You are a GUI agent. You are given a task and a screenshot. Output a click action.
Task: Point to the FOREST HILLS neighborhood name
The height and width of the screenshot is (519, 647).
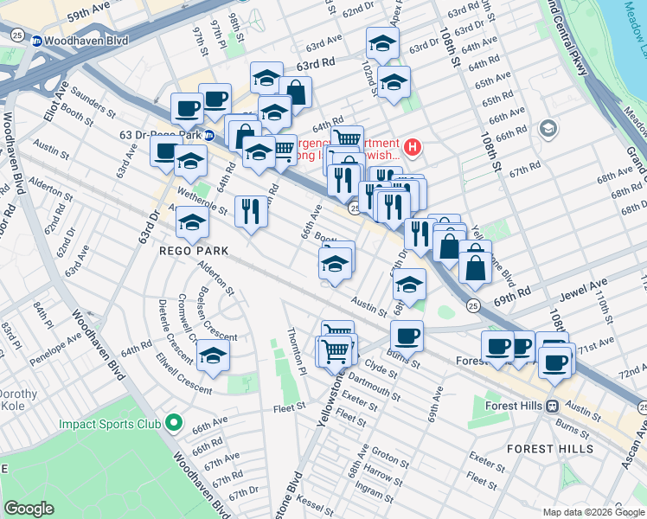click(x=549, y=449)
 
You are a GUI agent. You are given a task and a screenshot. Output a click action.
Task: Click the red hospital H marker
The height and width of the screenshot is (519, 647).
click(x=413, y=148)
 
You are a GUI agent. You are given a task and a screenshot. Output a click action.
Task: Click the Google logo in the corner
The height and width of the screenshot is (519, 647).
click(x=29, y=509)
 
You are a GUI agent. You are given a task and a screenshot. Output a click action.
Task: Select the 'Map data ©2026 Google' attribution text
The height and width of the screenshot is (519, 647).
click(x=593, y=512)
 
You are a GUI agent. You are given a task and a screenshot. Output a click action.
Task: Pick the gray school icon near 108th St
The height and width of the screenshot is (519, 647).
click(x=548, y=130)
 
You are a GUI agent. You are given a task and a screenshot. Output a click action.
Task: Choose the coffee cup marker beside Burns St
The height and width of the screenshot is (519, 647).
click(x=407, y=336)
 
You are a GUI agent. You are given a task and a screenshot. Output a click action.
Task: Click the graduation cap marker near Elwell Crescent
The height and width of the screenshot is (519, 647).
click(x=213, y=355)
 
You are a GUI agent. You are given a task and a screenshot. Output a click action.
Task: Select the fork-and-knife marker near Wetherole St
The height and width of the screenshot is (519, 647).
click(x=251, y=211)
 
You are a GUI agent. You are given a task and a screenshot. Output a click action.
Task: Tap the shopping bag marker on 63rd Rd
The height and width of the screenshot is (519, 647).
click(x=295, y=92)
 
